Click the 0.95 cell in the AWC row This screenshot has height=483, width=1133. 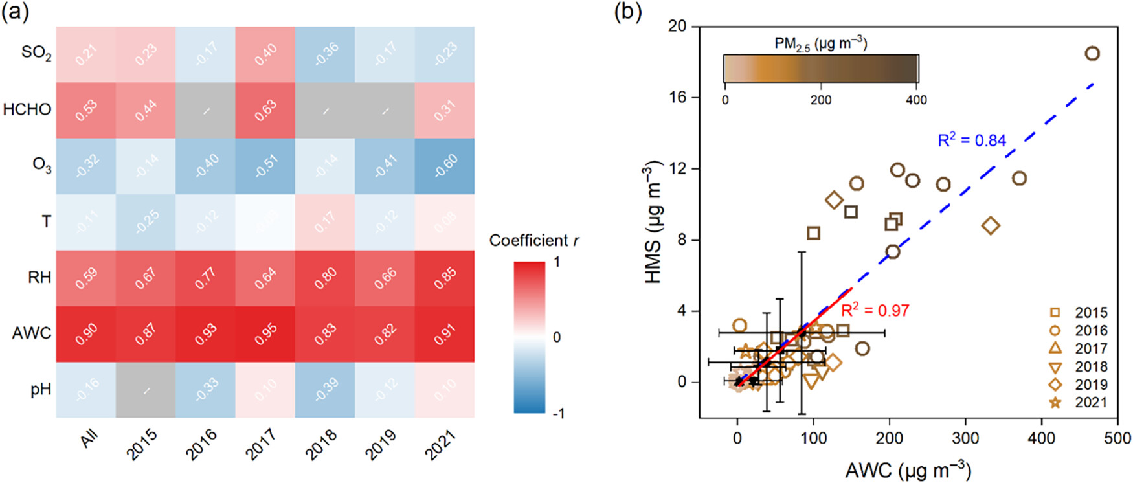[265, 333]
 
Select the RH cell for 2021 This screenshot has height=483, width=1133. [445, 278]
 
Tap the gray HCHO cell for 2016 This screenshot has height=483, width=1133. [206, 110]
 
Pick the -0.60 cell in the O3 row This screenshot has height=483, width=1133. [445, 166]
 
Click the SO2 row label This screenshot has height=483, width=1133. [36, 53]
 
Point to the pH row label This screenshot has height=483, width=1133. [41, 390]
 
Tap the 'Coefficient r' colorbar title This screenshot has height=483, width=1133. [533, 241]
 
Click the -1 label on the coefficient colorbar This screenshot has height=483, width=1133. [557, 413]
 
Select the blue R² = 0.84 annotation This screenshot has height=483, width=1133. [972, 140]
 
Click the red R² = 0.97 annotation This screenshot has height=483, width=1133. [875, 311]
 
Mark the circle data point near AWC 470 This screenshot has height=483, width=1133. [1092, 54]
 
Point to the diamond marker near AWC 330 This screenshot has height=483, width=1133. [991, 226]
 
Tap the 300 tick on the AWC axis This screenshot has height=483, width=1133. [965, 439]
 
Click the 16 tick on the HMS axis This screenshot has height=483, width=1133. [678, 98]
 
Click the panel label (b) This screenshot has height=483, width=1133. [627, 13]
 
